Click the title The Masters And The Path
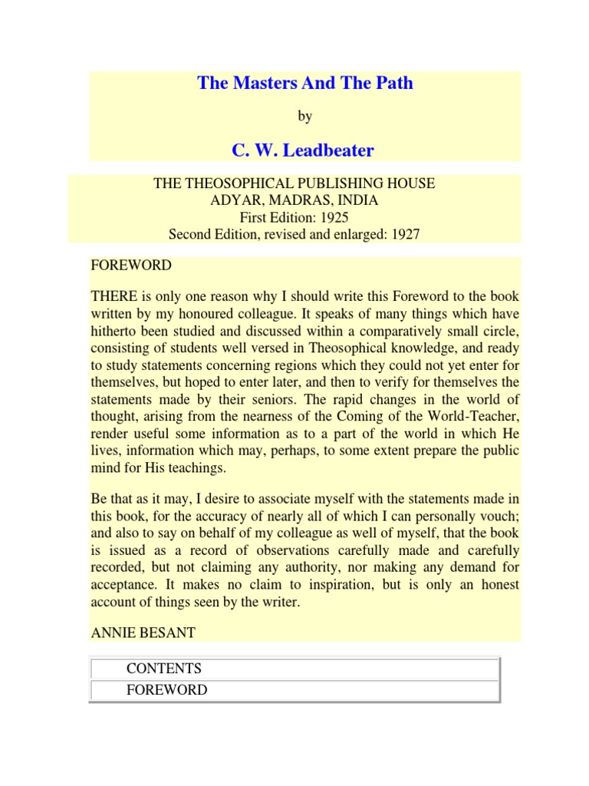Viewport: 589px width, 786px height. pos(305,84)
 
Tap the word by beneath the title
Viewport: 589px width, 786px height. pos(305,117)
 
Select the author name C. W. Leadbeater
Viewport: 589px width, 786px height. pos(304,150)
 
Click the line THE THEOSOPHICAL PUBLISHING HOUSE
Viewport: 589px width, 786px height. pos(294,184)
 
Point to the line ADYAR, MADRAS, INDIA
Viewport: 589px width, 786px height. pos(294,201)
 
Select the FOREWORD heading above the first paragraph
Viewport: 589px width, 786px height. pos(131,266)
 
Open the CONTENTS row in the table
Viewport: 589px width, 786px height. pos(164,669)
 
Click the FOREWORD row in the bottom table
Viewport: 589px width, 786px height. pos(167,689)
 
